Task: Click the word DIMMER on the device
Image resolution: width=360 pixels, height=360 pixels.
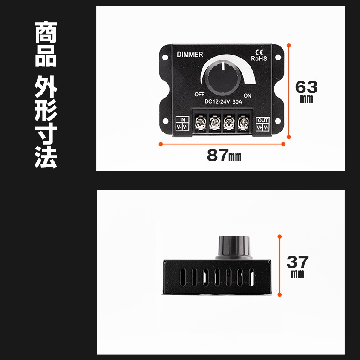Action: [190, 54]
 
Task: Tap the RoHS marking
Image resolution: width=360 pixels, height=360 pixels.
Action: [259, 58]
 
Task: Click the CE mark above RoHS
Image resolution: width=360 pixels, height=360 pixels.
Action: [259, 52]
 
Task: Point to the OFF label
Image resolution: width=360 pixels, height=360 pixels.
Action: [200, 94]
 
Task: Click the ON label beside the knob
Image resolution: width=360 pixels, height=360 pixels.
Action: [247, 95]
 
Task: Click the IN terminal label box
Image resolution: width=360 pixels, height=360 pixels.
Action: [182, 124]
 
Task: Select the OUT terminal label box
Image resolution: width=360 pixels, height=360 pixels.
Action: [263, 124]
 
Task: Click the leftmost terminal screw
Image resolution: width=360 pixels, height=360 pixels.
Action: [199, 124]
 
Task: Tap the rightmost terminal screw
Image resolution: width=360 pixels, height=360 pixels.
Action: [243, 124]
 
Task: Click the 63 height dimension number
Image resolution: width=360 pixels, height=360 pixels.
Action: [306, 87]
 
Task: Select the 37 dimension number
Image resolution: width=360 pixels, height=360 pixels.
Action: [297, 261]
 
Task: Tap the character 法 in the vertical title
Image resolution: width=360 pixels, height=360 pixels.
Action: [46, 156]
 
